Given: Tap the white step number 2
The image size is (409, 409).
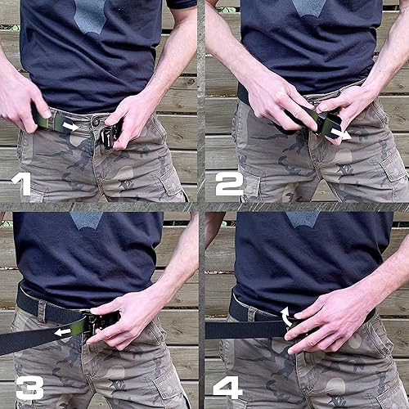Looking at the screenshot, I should point(228,183).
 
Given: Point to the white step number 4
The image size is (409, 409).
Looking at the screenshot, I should point(227,386).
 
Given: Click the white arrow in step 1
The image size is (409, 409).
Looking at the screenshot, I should point(70,126).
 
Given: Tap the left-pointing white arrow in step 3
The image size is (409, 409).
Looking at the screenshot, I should point(63,331).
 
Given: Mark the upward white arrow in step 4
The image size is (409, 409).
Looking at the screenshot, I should point(285,316).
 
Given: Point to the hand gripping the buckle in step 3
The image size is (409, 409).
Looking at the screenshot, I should point(135,315).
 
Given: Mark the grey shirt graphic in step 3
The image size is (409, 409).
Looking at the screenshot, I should point(86,220).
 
